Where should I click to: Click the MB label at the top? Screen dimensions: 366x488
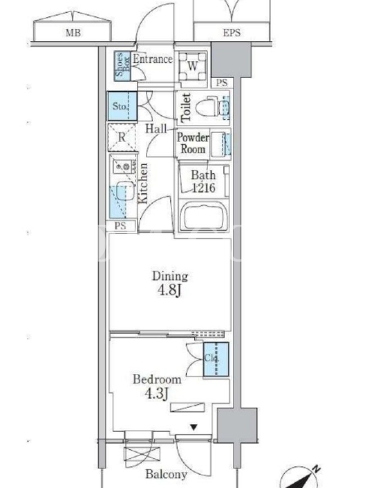[x=73, y=33]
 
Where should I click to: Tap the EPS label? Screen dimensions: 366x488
[x=232, y=33]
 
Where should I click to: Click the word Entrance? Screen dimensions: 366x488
[x=152, y=59]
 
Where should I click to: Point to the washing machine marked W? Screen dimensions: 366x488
[x=192, y=66]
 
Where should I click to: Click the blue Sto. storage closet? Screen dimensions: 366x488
[x=123, y=106]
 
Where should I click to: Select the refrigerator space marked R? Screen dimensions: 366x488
[x=122, y=137]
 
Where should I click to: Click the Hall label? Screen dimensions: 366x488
[x=156, y=129]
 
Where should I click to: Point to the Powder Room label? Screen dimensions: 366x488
[x=193, y=143]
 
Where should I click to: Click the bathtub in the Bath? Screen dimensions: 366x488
[x=204, y=216]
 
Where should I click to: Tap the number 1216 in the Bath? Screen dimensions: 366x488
[x=204, y=188]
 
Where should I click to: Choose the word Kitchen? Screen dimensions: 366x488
[x=143, y=184]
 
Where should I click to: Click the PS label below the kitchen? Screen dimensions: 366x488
[x=120, y=226]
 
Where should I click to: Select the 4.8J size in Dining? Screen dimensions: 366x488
[x=170, y=290]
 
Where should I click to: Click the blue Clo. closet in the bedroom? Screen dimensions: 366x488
[x=216, y=359]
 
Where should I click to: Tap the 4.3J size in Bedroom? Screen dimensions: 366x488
[x=157, y=393]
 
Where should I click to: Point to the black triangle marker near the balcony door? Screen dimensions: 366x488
[x=193, y=428]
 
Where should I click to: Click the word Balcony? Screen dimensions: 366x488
[x=166, y=475]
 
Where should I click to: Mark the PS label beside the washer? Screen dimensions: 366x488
[x=221, y=83]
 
